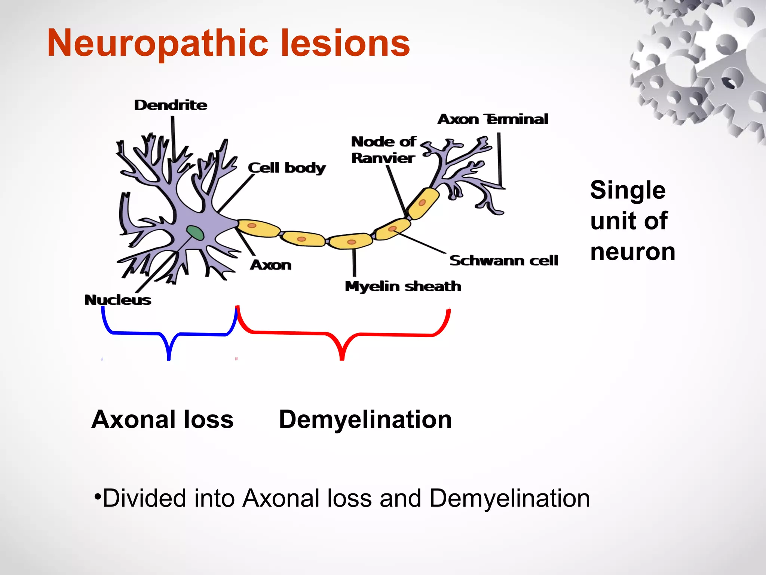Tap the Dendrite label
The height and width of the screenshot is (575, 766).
(171, 105)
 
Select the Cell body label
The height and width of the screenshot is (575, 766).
(287, 168)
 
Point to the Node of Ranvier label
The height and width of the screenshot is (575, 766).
(383, 150)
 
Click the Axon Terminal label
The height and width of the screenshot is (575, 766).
(493, 119)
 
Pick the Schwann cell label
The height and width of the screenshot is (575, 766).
(503, 261)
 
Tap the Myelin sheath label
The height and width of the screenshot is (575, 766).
(403, 286)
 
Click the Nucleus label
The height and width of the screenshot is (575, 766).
(118, 300)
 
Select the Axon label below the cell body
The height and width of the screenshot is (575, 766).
(271, 265)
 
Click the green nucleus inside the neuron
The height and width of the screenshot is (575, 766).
(196, 233)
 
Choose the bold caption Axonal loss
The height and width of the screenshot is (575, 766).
(162, 419)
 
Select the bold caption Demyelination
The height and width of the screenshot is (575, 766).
(365, 419)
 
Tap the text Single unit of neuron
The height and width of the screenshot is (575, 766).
(632, 220)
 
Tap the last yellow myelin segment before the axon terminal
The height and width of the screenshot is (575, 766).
(423, 203)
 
